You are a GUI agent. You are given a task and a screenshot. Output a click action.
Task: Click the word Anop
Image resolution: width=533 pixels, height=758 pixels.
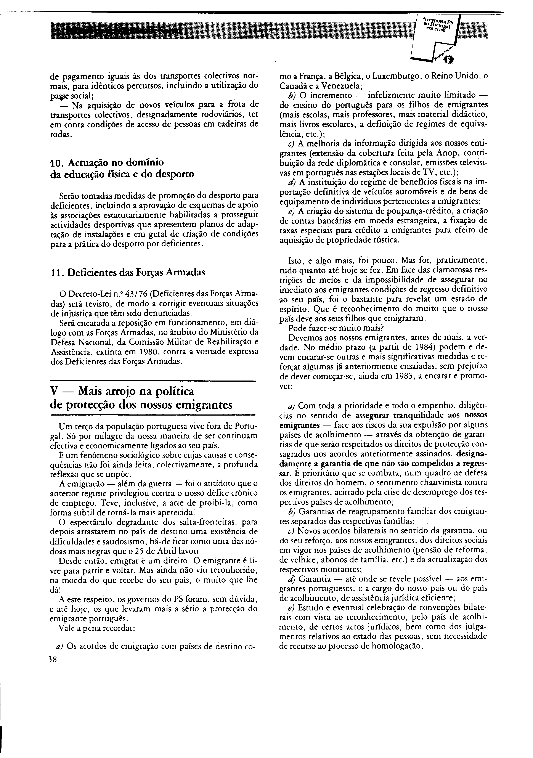445,154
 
